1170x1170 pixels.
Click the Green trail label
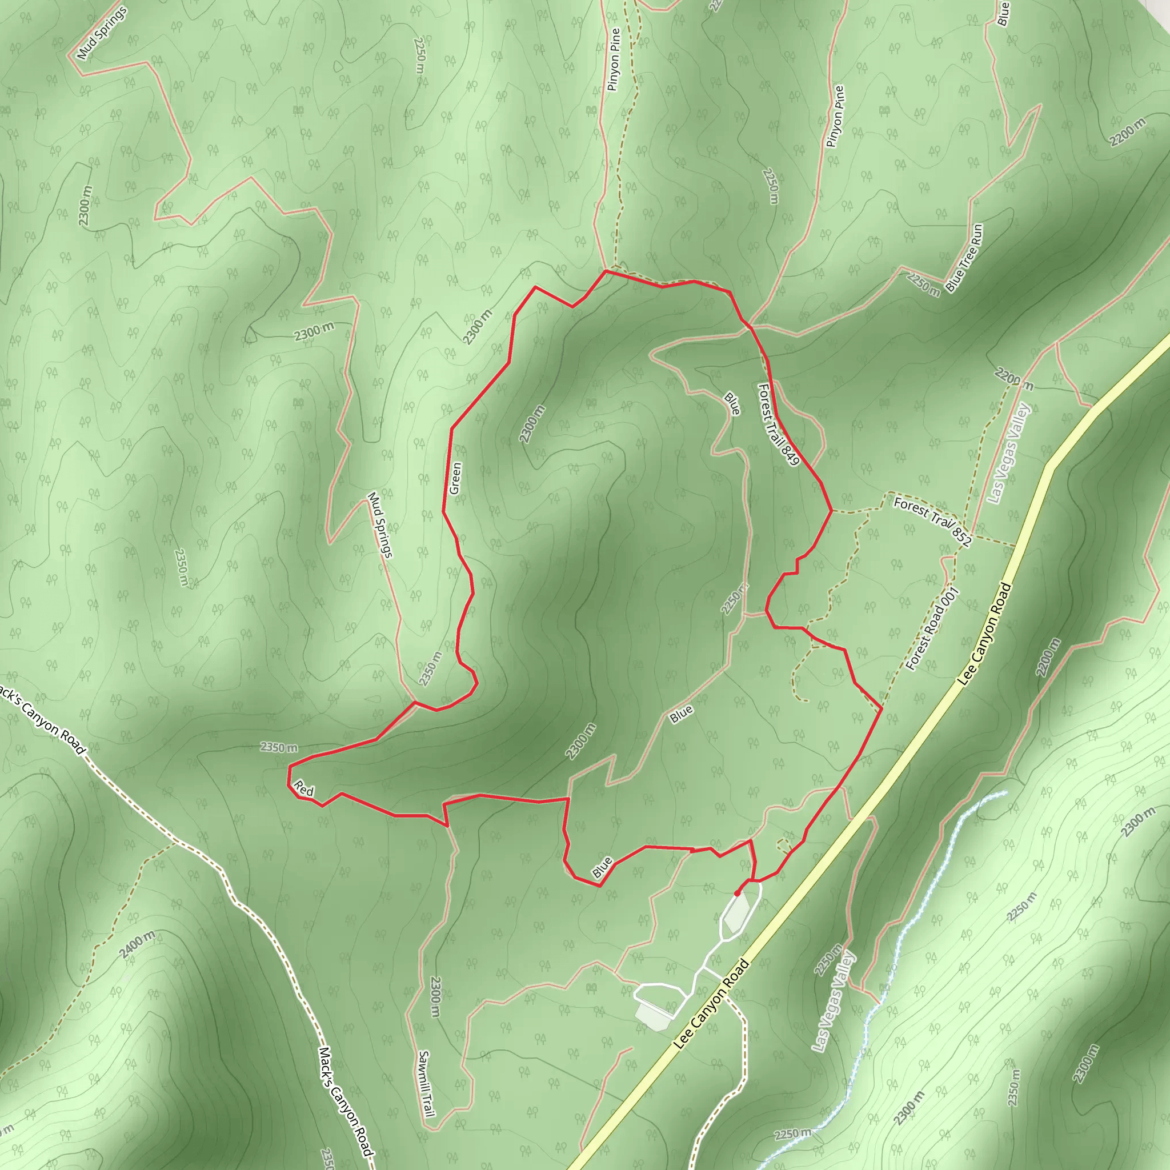(x=456, y=478)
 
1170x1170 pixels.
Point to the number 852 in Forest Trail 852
(x=961, y=536)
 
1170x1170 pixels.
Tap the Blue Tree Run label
(x=964, y=258)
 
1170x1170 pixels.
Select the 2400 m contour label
(x=137, y=944)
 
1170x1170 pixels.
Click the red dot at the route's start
(x=737, y=893)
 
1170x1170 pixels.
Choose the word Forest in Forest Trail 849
(x=766, y=400)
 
